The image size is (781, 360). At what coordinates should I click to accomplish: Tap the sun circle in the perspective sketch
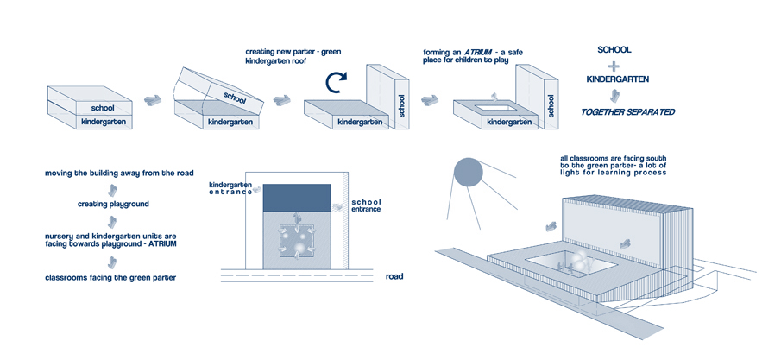point(467,173)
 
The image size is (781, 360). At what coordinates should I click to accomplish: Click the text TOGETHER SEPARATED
point(627,111)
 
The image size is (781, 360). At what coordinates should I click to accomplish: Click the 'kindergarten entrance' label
point(230,188)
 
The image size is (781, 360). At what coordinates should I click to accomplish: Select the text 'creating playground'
point(110,204)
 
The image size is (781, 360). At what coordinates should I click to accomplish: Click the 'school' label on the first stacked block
point(114,107)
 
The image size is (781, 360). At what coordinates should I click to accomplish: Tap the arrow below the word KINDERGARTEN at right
point(614,95)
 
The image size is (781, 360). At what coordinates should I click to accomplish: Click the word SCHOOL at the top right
point(614,49)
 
